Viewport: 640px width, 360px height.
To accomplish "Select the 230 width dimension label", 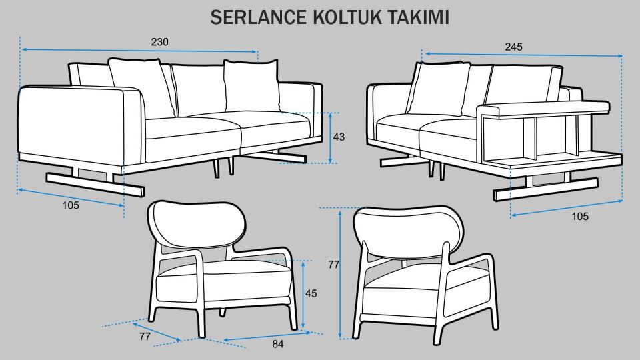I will (x=159, y=41).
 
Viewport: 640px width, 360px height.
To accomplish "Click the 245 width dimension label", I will (x=513, y=47).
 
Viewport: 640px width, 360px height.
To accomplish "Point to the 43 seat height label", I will (x=339, y=137).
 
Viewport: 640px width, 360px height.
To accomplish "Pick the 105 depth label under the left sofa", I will (x=71, y=205).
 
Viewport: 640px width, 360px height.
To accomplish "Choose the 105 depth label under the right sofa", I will (x=580, y=216).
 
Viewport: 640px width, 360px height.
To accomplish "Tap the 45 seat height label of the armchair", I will (x=311, y=293).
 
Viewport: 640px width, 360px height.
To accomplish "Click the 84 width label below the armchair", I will (x=278, y=344).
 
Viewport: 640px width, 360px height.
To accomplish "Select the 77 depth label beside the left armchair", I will (x=145, y=337).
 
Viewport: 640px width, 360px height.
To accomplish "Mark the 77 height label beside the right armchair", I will (x=334, y=264).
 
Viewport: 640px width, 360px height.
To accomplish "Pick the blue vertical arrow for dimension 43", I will (x=331, y=137).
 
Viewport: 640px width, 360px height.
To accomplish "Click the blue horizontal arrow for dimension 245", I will (x=523, y=55).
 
